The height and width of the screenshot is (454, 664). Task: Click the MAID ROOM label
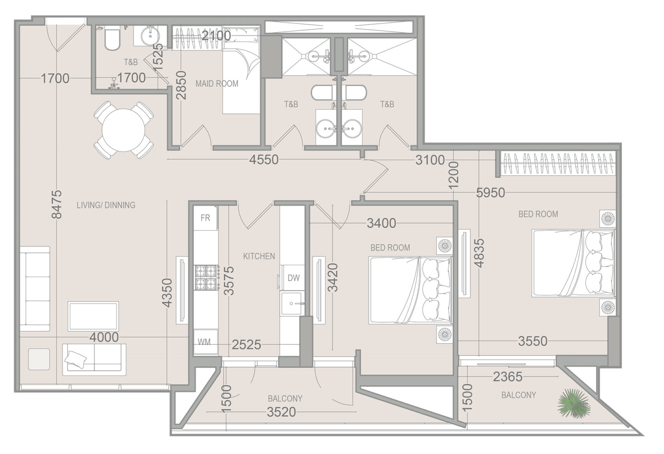pyautogui.click(x=217, y=84)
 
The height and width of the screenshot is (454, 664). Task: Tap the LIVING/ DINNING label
pyautogui.click(x=106, y=205)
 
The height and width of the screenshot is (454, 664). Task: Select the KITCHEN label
pyautogui.click(x=259, y=256)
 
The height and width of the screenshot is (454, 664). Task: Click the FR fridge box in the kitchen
pyautogui.click(x=206, y=218)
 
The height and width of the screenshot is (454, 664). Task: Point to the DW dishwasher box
pyautogui.click(x=294, y=278)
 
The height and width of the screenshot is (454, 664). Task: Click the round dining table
pyautogui.click(x=124, y=130)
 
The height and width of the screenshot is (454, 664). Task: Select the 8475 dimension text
pyautogui.click(x=57, y=204)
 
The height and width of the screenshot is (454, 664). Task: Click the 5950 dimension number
pyautogui.click(x=490, y=193)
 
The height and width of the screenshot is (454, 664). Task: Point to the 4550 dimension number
pyautogui.click(x=264, y=160)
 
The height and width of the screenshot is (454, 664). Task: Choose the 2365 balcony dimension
pyautogui.click(x=508, y=377)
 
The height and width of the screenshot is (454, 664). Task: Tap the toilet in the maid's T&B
pyautogui.click(x=112, y=39)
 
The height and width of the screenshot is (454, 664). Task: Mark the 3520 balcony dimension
pyautogui.click(x=281, y=412)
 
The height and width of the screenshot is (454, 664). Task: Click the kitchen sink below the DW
pyautogui.click(x=291, y=304)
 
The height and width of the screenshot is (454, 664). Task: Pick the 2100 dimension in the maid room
pyautogui.click(x=216, y=36)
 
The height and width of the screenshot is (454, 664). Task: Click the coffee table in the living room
pyautogui.click(x=93, y=316)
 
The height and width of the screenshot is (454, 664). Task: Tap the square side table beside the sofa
pyautogui.click(x=39, y=359)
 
